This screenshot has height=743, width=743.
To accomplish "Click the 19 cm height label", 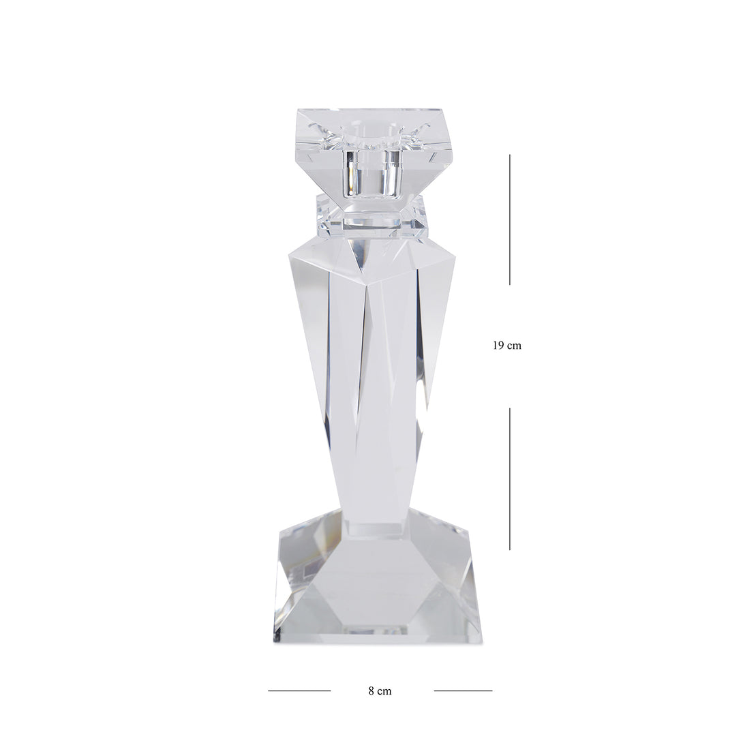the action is (x=506, y=346).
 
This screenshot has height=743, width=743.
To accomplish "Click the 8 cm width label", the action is (x=380, y=691).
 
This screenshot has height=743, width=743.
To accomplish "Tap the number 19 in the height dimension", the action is (x=498, y=346).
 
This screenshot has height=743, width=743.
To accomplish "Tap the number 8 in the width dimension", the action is (x=371, y=691).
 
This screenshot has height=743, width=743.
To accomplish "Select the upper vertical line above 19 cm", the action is (x=510, y=219).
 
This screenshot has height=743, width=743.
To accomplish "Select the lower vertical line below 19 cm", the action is (x=510, y=479).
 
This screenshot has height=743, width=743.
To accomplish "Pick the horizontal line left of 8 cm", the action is (x=299, y=691).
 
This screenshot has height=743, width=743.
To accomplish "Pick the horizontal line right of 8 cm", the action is (x=463, y=691).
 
